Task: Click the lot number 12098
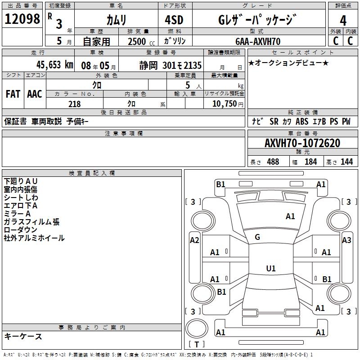point(22,20)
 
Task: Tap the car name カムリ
point(117,20)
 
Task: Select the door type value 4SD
point(175,20)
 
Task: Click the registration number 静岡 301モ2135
point(171,65)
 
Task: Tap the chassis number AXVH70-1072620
point(302,143)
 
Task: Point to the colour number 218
point(74,104)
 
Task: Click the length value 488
point(273,162)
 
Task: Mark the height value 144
point(346,162)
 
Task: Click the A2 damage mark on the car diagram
point(194,240)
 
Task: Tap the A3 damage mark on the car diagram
point(346,240)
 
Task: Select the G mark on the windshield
point(257,237)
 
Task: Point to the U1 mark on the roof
point(270,269)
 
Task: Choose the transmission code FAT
point(13,94)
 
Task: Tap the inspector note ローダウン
point(21,230)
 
